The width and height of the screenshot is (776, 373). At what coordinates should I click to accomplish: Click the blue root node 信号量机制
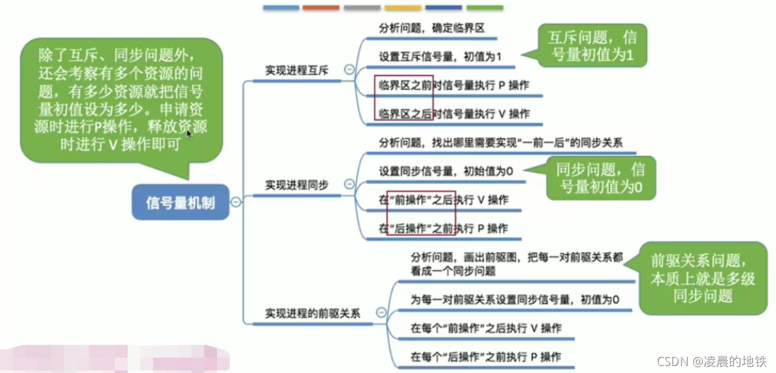pyautogui.click(x=181, y=203)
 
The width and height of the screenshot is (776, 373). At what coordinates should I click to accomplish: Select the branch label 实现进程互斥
pyautogui.click(x=297, y=70)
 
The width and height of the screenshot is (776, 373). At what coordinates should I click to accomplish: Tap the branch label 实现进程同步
pyautogui.click(x=297, y=185)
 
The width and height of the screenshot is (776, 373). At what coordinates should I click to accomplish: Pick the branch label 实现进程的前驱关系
pyautogui.click(x=313, y=314)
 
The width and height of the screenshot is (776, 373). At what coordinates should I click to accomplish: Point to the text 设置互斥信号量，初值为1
pyautogui.click(x=440, y=56)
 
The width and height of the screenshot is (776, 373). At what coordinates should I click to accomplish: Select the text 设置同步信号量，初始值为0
pyautogui.click(x=446, y=171)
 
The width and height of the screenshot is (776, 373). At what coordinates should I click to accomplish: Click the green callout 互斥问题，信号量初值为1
pyautogui.click(x=592, y=45)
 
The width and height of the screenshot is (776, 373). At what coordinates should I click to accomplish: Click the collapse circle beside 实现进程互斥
pyautogui.click(x=349, y=70)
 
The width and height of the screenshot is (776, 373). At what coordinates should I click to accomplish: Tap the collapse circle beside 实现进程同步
pyautogui.click(x=349, y=185)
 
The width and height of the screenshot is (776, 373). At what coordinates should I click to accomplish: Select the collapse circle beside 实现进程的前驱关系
pyautogui.click(x=381, y=313)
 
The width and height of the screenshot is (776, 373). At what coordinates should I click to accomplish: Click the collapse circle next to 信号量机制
pyautogui.click(x=235, y=202)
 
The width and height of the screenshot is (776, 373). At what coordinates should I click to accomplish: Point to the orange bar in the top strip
pyautogui.click(x=321, y=8)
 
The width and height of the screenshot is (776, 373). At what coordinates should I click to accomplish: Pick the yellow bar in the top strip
pyautogui.click(x=403, y=8)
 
